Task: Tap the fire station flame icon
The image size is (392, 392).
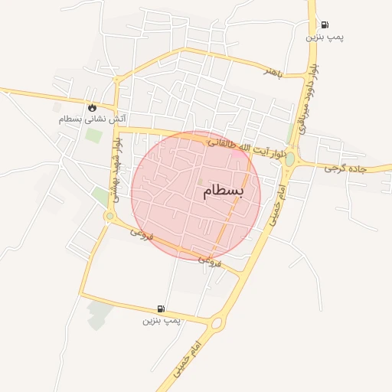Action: [x=93, y=108]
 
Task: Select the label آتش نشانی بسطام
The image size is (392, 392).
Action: [x=93, y=119]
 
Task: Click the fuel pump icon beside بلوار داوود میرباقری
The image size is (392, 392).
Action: [x=325, y=24]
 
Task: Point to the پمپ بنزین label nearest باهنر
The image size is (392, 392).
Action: [x=325, y=37]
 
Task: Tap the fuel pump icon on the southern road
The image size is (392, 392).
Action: [x=161, y=309]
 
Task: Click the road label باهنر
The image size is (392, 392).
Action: [x=273, y=72]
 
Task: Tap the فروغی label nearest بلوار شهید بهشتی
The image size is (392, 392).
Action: [x=142, y=232]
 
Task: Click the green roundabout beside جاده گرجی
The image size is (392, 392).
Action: [x=290, y=159]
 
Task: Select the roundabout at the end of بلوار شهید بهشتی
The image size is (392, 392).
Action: [x=109, y=217]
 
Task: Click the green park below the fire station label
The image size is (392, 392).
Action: [x=93, y=136]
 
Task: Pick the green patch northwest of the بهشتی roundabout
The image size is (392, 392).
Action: [x=100, y=197]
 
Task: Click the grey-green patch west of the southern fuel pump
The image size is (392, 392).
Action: [x=99, y=314]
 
